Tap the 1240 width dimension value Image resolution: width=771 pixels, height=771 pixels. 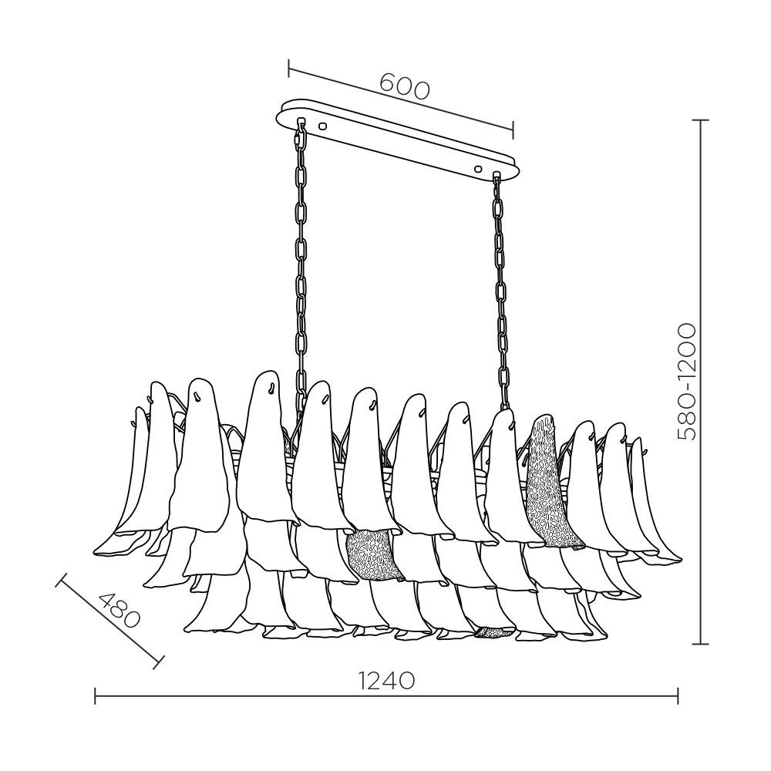click(x=386, y=680)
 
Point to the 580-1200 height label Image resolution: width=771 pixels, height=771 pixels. click(x=685, y=381)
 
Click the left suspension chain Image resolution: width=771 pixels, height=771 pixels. click(x=301, y=254)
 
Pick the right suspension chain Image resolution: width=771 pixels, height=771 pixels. click(x=501, y=293)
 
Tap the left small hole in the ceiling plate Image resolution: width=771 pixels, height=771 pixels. click(x=322, y=125)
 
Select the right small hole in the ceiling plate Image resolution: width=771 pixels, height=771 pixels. click(x=479, y=167)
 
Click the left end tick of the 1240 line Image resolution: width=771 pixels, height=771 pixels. click(x=95, y=696)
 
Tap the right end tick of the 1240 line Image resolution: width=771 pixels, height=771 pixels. click(x=678, y=696)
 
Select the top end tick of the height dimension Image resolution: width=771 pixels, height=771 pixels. click(x=700, y=120)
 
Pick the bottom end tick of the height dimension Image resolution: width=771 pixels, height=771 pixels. click(x=700, y=643)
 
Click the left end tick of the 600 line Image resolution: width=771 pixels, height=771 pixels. click(x=288, y=68)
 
